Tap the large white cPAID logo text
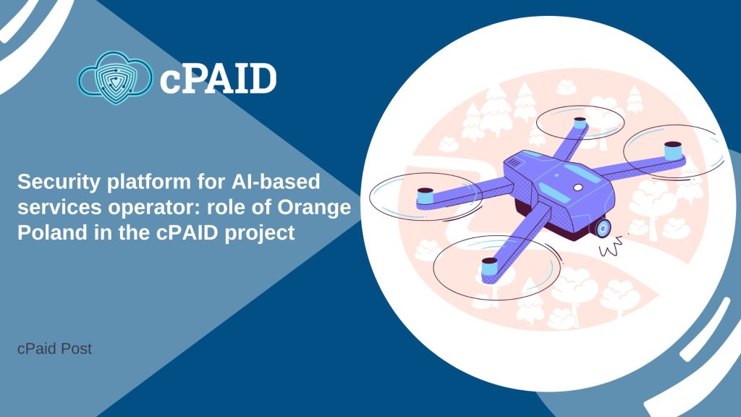[x=218, y=78]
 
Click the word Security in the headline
[x=59, y=182]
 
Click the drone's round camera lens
[x=603, y=228]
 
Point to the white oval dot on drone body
[x=577, y=188]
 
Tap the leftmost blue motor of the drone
[x=425, y=195]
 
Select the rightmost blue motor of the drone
[x=674, y=151]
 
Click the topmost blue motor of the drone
[x=580, y=123]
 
